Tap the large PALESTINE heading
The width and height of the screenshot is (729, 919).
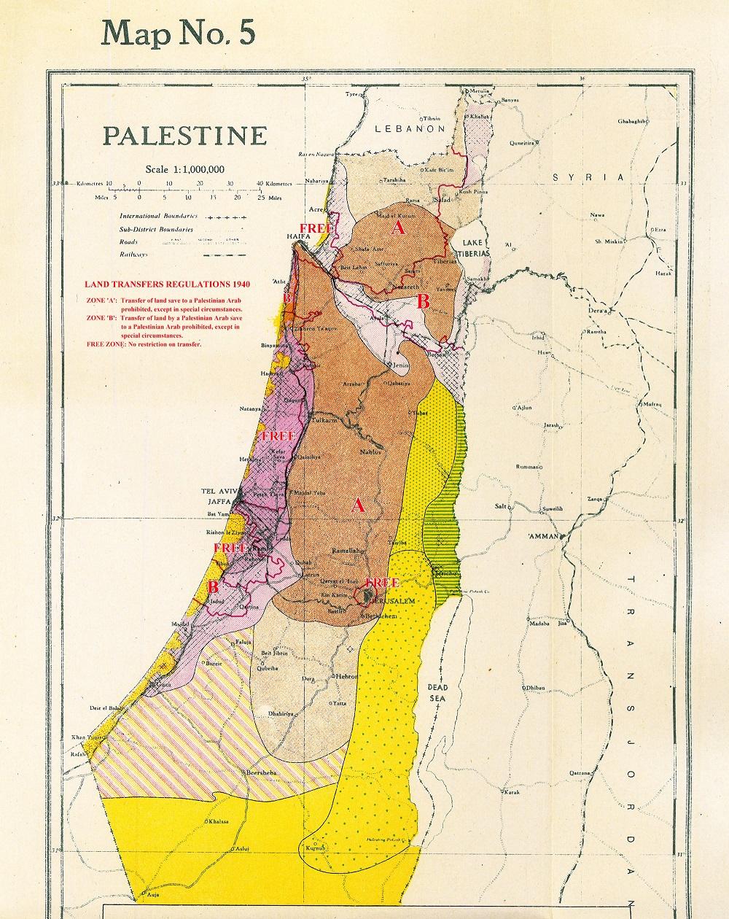(184, 136)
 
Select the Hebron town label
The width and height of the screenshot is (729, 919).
(346, 677)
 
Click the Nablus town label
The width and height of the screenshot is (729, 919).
(370, 452)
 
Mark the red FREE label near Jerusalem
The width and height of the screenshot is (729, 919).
(382, 583)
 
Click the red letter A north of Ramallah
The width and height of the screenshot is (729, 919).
(357, 505)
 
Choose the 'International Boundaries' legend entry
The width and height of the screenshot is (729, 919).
(159, 217)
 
